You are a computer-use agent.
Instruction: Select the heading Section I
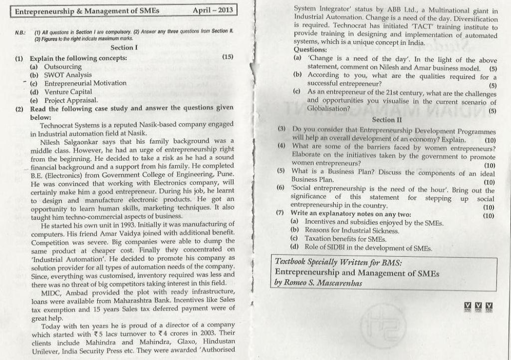(124, 47)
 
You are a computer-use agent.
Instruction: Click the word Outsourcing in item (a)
(63, 66)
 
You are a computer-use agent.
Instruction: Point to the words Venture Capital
(68, 92)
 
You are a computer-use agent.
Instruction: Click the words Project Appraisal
(71, 100)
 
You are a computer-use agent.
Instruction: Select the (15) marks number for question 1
(228, 57)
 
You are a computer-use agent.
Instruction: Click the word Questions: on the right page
(310, 50)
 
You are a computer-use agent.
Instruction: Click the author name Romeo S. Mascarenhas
(322, 283)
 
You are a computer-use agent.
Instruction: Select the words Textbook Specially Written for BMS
(338, 262)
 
